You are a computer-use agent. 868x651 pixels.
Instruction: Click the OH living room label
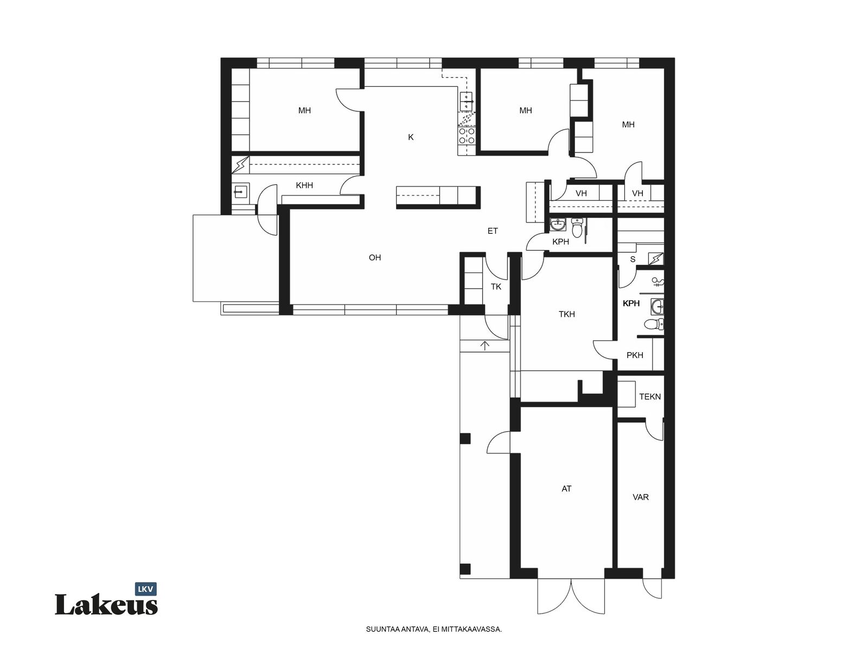point(374,258)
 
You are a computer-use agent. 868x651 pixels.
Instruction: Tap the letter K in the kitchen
point(411,137)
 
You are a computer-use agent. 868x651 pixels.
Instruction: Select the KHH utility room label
point(304,185)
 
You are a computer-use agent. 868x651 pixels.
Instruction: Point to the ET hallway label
point(493,231)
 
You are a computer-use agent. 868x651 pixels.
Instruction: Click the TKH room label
point(566,314)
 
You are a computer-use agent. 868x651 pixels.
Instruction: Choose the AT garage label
point(566,489)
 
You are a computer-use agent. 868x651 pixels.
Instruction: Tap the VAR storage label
point(640,497)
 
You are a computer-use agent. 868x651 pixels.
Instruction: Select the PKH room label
point(635,355)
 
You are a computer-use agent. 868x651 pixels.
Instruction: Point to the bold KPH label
point(631,303)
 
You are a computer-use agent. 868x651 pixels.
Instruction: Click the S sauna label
point(633,259)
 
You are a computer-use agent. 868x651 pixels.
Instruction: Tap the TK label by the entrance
point(496,286)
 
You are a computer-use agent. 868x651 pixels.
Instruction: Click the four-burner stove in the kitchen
point(466,136)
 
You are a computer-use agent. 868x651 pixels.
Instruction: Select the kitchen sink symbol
point(466,101)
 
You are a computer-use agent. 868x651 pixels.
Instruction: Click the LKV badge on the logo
point(146,589)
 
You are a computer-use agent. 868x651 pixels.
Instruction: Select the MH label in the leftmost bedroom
point(304,110)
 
